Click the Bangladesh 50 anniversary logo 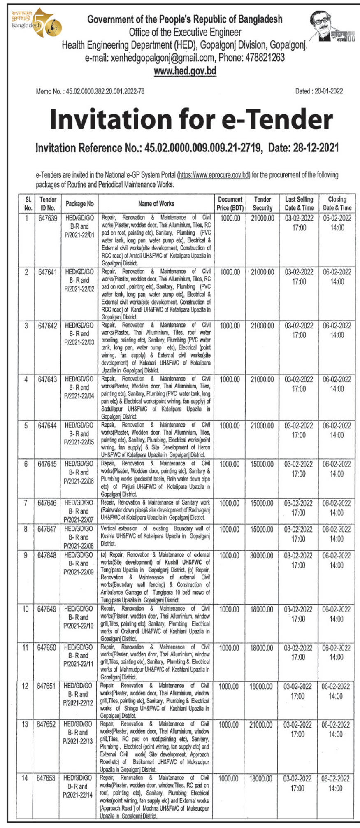(x=36, y=23)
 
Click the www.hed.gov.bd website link (x=185, y=71)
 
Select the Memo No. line (x=90, y=91)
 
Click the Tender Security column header (x=262, y=204)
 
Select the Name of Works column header (x=156, y=204)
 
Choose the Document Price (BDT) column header (x=230, y=204)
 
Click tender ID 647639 (x=48, y=218)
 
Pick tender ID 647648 (x=47, y=556)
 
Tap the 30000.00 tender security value (x=261, y=556)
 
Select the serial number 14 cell (x=25, y=778)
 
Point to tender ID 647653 (x=46, y=778)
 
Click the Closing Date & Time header (x=337, y=204)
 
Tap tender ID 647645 (x=47, y=464)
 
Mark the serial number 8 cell (x=26, y=529)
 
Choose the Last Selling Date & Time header (x=299, y=204)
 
